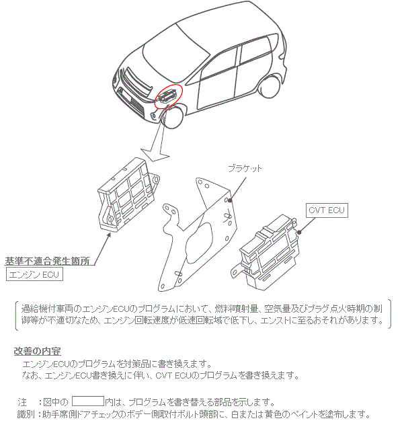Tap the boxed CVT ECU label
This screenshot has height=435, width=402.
tap(327, 210)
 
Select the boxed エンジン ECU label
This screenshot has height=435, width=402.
tap(34, 274)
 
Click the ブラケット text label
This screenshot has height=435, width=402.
tap(245, 168)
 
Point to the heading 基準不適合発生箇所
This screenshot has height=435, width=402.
tap(47, 261)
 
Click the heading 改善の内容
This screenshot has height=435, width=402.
tap(37, 351)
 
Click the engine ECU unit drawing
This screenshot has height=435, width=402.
tap(128, 194)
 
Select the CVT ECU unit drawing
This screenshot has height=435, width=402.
tap(266, 252)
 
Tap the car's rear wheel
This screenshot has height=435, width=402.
tap(270, 87)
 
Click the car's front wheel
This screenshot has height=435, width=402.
tap(173, 117)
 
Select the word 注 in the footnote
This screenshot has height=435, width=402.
tap(22, 401)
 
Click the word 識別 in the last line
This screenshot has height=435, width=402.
tap(26, 414)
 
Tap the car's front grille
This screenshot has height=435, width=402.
tap(136, 82)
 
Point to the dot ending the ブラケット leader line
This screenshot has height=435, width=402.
tap(230, 200)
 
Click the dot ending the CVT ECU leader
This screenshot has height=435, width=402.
tap(298, 232)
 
